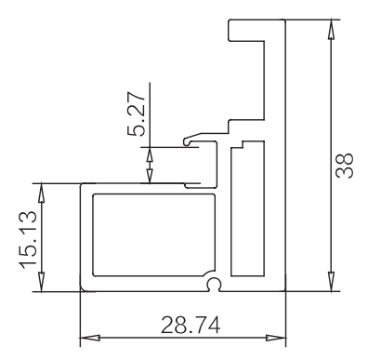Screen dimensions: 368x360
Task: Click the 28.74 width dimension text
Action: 191,325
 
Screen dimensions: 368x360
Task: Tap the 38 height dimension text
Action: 345,166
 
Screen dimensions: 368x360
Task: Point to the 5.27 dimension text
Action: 136,113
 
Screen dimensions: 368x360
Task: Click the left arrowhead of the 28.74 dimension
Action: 90,338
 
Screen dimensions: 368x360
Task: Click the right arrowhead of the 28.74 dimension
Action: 276,338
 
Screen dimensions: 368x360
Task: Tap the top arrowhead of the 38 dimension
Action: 331,29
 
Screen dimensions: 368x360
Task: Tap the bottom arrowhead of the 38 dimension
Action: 331,282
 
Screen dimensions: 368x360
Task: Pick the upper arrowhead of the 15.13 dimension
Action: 41,193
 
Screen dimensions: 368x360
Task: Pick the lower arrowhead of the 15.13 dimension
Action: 41,282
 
